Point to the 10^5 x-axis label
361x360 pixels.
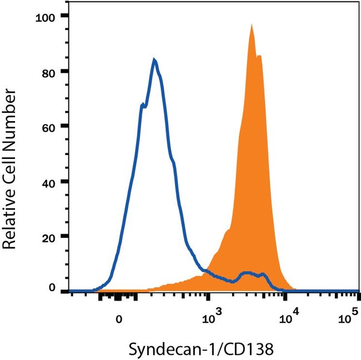(347, 318)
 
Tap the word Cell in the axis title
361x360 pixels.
(12, 162)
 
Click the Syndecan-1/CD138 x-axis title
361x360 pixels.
(201, 349)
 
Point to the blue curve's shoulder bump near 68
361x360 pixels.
(142, 104)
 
